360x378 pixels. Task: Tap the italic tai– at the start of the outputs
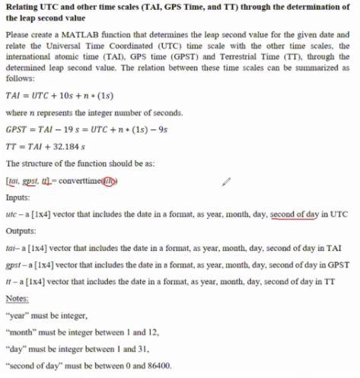[11, 248]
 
